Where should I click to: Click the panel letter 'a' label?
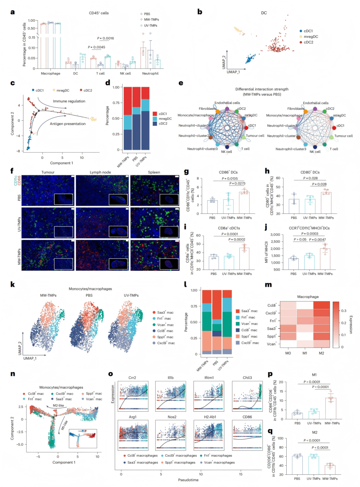point(13,12)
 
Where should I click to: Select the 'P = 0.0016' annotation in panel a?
point(105,38)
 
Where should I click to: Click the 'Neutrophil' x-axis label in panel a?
point(150,73)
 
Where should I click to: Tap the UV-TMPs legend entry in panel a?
point(150,25)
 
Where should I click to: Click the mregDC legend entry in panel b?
point(311,37)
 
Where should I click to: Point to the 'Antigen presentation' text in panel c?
point(68,124)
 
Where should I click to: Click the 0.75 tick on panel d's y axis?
point(116,103)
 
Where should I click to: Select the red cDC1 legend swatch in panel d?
point(155,114)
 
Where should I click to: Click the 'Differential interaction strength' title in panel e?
point(262,89)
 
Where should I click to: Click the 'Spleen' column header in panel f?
point(154,172)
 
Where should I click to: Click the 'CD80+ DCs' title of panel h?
point(310,172)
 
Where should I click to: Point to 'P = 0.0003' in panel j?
point(310,234)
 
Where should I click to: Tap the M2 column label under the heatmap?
point(321,353)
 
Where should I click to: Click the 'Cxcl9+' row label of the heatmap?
point(271,313)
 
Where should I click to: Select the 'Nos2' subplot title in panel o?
point(172,417)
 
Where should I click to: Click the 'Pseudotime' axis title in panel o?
point(188,480)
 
